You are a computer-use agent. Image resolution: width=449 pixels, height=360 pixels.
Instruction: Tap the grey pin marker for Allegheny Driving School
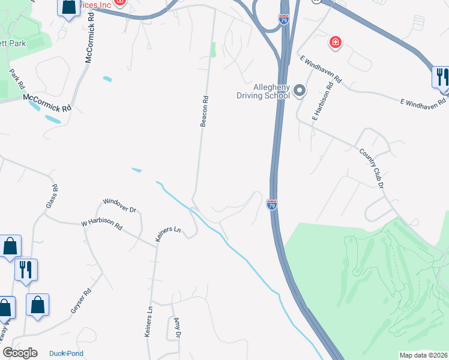(300, 91)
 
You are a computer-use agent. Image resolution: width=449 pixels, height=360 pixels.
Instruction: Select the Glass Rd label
(52, 196)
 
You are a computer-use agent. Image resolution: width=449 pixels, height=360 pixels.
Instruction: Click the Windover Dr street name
(120, 206)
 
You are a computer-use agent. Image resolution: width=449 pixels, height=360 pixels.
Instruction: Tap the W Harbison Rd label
(102, 226)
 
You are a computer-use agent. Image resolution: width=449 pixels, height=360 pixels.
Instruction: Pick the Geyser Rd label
(80, 301)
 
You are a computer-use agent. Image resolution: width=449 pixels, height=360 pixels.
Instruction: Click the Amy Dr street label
(177, 328)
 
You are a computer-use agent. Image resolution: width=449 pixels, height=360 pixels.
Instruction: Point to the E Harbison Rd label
(322, 106)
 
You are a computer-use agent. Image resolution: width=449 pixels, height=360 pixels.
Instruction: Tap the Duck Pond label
(66, 353)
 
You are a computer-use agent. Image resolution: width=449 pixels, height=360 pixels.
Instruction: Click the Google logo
(20, 353)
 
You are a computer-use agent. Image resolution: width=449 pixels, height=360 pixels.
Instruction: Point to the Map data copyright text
(423, 355)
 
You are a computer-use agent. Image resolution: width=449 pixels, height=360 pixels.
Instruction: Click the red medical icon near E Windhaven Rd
(335, 43)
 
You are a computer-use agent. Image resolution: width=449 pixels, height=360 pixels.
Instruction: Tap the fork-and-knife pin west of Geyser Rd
(26, 271)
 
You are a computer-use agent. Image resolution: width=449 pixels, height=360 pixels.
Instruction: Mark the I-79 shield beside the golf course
(272, 205)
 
